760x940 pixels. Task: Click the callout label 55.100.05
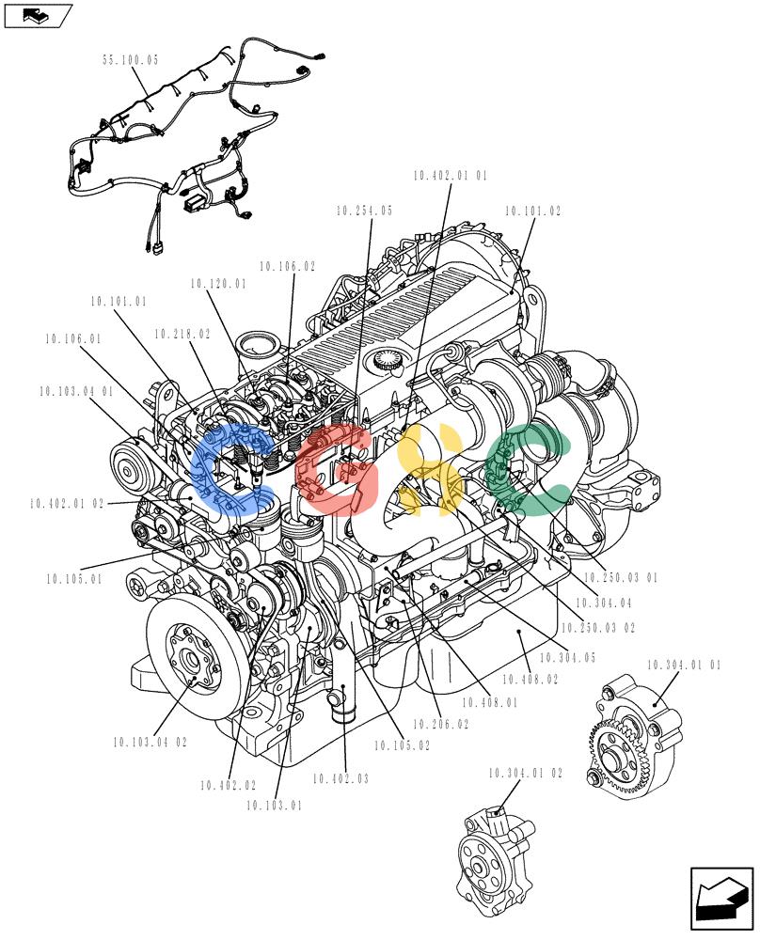130,60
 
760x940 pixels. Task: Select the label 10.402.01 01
450,176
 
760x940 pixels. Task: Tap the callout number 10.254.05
364,211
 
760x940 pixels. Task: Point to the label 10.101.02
532,211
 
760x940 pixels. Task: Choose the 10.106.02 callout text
287,266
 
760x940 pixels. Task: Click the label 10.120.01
218,284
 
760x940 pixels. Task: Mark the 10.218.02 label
182,334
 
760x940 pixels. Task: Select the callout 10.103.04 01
76,391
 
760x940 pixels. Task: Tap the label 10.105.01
74,579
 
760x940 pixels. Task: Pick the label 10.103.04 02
150,743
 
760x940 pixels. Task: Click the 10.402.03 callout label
340,778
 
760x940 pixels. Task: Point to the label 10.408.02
530,680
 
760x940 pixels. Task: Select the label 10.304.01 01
684,665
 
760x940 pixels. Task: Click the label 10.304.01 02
526,774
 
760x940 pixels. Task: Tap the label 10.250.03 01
621,577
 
